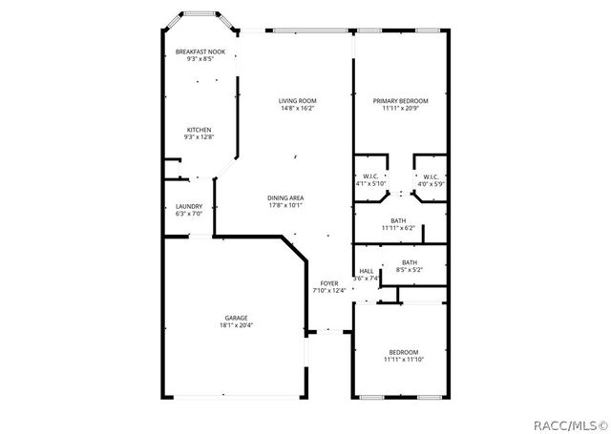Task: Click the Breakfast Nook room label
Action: (x=200, y=52)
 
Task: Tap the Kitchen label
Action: (x=199, y=130)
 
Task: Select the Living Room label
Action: (x=297, y=100)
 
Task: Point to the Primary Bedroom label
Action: (x=400, y=100)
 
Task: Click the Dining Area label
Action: (x=285, y=197)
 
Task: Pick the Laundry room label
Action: (x=188, y=206)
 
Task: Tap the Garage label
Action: (x=236, y=318)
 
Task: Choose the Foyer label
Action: (x=328, y=283)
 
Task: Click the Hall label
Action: (x=366, y=271)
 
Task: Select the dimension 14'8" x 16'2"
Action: (x=297, y=108)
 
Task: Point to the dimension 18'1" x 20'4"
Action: (x=236, y=325)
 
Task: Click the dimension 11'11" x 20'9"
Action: (x=400, y=108)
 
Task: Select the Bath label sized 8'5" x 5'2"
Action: (x=409, y=262)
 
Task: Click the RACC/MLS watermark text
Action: (x=569, y=421)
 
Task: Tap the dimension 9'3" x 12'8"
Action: (x=199, y=137)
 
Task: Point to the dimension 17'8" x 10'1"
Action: (x=285, y=205)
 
